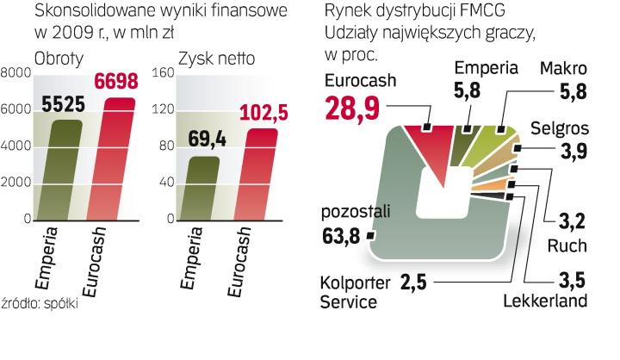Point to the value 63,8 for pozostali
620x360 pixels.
(x=344, y=233)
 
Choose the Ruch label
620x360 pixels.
(x=568, y=245)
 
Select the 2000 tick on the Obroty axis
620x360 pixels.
(x=15, y=183)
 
